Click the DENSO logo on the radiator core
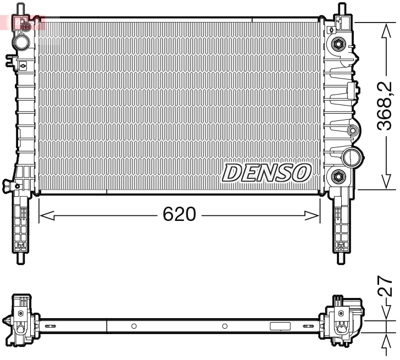click(x=266, y=173)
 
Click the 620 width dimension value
click(x=179, y=214)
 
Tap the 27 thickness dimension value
click(x=386, y=286)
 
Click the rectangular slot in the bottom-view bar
click(x=280, y=326)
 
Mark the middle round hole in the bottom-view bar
click(x=225, y=326)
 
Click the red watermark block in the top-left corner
click(x=22, y=23)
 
